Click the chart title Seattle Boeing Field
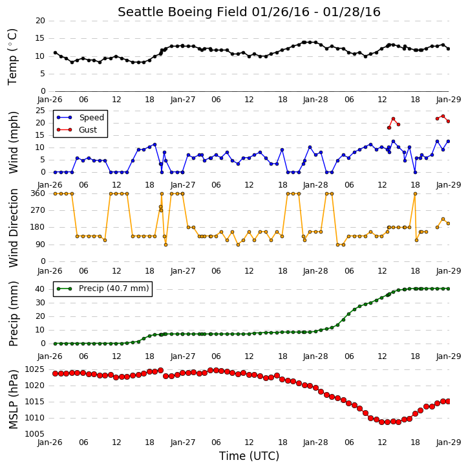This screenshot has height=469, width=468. pyautogui.click(x=182, y=12)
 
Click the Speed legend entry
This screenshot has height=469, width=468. pyautogui.click(x=80, y=118)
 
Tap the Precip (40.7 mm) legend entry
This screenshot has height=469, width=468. pyautogui.click(x=103, y=289)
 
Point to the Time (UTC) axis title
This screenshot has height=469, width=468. pyautogui.click(x=249, y=456)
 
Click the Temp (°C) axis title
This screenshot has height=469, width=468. pyautogui.click(x=12, y=57)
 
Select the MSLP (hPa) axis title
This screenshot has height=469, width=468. pyautogui.click(x=13, y=400)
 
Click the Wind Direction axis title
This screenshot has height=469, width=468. pyautogui.click(x=13, y=228)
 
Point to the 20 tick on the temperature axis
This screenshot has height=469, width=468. pyautogui.click(x=40, y=21)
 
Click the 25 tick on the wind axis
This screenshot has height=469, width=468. pyautogui.click(x=40, y=111)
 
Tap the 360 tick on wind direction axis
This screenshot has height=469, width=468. pyautogui.click(x=38, y=193)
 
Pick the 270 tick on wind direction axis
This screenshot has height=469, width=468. pyautogui.click(x=38, y=210)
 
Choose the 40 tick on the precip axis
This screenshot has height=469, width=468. pyautogui.click(x=40, y=289)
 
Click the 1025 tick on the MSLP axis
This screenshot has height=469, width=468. pyautogui.click(x=35, y=369)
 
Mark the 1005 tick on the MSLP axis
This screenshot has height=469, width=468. pyautogui.click(x=35, y=434)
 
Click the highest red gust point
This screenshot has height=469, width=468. pyautogui.click(x=443, y=116)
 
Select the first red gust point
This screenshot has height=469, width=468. pyautogui.click(x=389, y=127)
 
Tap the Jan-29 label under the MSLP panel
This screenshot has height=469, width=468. pyautogui.click(x=448, y=442)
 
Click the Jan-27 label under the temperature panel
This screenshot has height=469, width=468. pyautogui.click(x=182, y=100)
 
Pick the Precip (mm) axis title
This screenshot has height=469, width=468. pyautogui.click(x=13, y=314)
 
